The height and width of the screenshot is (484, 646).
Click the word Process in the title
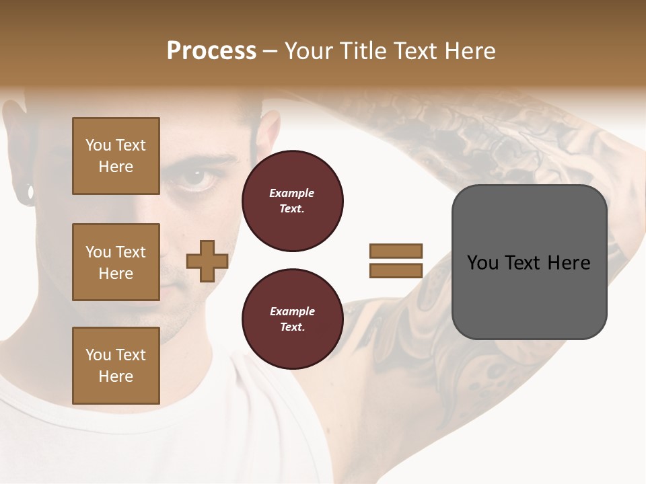[x=211, y=51]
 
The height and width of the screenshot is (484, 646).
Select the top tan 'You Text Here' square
[x=116, y=156]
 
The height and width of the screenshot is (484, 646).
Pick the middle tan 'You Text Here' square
[x=116, y=262]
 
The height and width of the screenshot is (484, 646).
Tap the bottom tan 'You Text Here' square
[x=116, y=366]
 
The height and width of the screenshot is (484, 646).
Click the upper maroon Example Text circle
[x=292, y=201]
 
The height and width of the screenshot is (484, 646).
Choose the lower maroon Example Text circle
[x=292, y=319]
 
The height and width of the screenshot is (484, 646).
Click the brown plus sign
[x=207, y=261]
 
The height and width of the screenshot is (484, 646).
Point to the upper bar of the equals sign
[x=396, y=251]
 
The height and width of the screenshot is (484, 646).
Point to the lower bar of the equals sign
[x=396, y=270]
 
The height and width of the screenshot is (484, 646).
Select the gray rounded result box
[x=529, y=262]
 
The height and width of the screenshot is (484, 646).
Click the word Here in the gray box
[x=569, y=263]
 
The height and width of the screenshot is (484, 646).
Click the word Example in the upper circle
[x=292, y=193]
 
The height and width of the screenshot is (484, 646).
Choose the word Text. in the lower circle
[x=292, y=327]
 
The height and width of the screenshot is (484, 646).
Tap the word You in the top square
[x=98, y=145]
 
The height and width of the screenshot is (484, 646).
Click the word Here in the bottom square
[x=116, y=376]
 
